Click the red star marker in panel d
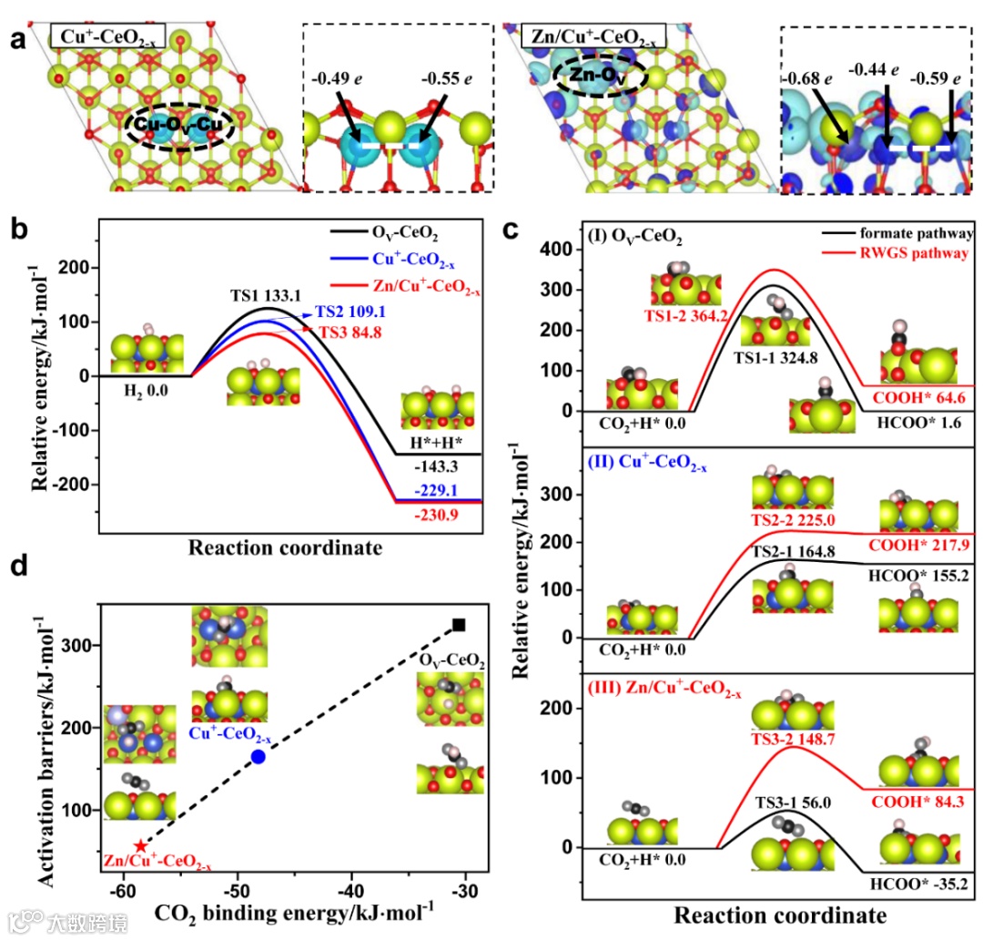[x=139, y=846]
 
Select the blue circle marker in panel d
[x=258, y=757]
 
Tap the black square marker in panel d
[x=460, y=625]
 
